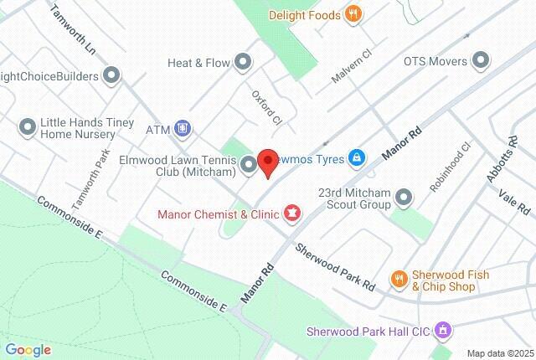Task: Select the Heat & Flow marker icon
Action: (x=244, y=61)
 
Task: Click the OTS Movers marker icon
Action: (x=481, y=60)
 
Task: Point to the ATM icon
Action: (x=183, y=130)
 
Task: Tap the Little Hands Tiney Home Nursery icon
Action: (x=27, y=126)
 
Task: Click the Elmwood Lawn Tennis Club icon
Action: (x=249, y=164)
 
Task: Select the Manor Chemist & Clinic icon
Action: (x=291, y=213)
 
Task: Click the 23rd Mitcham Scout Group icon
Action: (x=405, y=198)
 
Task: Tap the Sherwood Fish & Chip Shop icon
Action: (x=399, y=280)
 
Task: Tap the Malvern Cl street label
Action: (x=355, y=59)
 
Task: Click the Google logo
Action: (x=28, y=350)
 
